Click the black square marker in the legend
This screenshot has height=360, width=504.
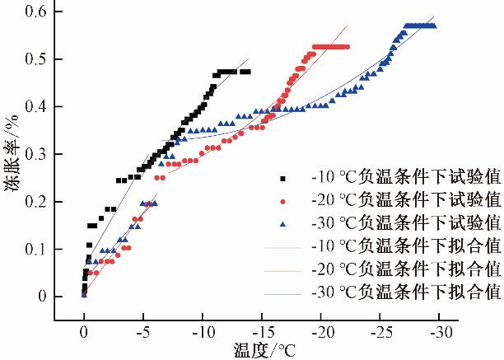282,178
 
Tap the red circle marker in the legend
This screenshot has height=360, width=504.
282,201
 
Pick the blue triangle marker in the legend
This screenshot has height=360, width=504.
282,223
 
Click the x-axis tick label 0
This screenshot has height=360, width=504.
84,331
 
